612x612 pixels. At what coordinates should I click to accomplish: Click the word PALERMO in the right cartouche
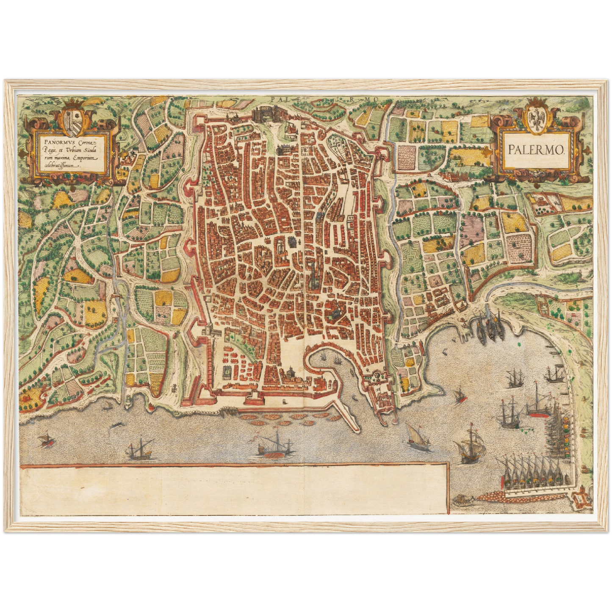pyautogui.click(x=536, y=149)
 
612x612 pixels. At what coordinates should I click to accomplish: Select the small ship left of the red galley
pyautogui.click(x=140, y=451)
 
